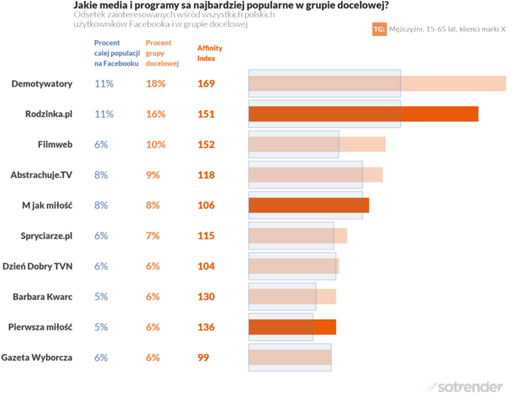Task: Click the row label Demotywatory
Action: point(41,84)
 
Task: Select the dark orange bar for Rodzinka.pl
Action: point(363,114)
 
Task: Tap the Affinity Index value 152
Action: point(206,145)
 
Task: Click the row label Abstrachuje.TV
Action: point(41,175)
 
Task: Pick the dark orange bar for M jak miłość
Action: point(309,205)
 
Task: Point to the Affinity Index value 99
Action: point(204,357)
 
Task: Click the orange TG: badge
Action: point(379,29)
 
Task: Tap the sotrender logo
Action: point(465,387)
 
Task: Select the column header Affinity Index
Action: point(209,53)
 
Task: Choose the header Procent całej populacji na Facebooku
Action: point(116,54)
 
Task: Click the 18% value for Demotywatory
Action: point(155,84)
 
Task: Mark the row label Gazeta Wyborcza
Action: point(38,357)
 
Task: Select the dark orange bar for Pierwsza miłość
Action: point(292,327)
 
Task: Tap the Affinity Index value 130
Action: point(206,297)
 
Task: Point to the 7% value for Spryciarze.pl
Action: point(153,236)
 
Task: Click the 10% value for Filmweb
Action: point(155,145)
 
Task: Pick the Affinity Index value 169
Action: point(206,84)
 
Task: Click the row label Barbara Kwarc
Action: point(42,297)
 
